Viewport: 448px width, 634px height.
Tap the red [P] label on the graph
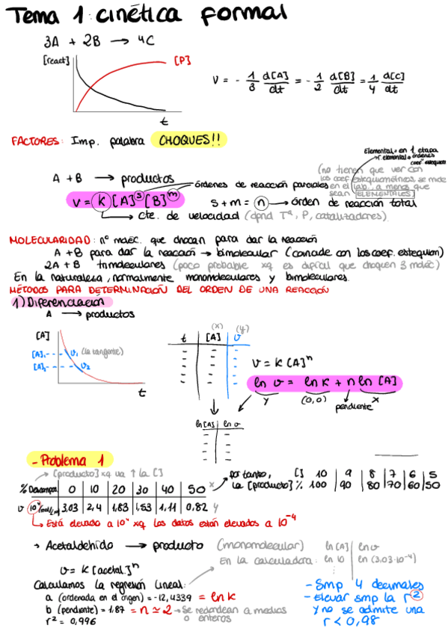(181, 61)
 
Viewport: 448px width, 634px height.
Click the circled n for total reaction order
(260, 202)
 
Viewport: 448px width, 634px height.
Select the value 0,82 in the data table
(196, 506)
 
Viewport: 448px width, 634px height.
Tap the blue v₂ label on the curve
(87, 366)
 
